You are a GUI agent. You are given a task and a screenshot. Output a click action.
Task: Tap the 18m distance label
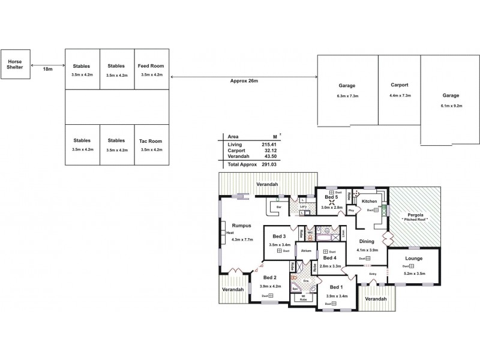click(47, 70)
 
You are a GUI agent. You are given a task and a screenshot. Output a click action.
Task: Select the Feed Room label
click(152, 66)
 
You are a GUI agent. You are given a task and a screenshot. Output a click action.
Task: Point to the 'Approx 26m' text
click(244, 80)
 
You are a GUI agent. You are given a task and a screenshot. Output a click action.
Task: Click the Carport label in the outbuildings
click(399, 85)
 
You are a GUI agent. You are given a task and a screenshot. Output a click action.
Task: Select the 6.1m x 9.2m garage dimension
click(451, 105)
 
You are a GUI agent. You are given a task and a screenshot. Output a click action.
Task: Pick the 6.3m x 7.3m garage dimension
click(347, 96)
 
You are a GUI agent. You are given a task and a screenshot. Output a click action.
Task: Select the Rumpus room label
click(241, 226)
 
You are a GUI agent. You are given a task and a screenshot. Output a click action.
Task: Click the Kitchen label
click(369, 201)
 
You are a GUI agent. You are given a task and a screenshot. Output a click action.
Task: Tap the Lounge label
click(413, 259)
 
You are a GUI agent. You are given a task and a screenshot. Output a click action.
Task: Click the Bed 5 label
click(332, 197)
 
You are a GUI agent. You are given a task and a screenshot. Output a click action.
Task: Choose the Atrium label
click(306, 250)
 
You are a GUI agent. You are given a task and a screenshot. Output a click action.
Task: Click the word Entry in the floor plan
click(373, 275)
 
